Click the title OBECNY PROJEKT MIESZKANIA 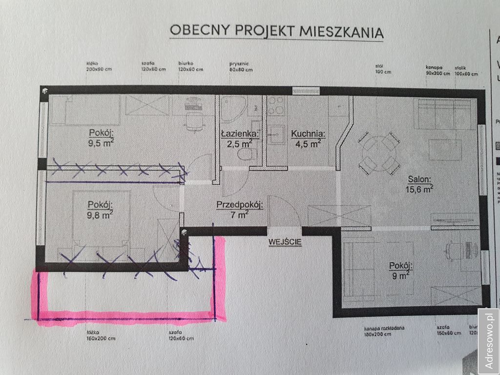(x=276, y=31)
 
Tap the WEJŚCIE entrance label (x=285, y=241)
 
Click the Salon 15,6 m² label (x=420, y=183)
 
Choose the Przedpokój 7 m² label (x=240, y=209)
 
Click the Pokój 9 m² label (x=401, y=271)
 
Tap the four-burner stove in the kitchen (x=277, y=105)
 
